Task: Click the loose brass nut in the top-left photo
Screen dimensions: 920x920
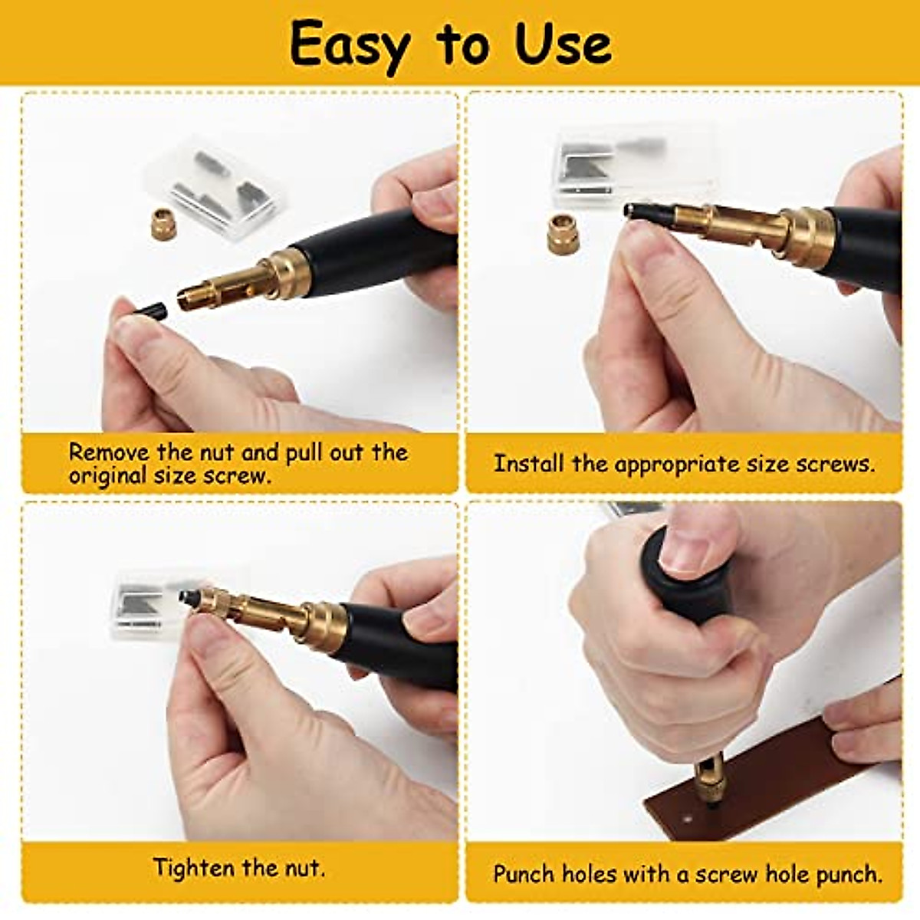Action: (164, 223)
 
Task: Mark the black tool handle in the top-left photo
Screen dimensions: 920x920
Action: (376, 245)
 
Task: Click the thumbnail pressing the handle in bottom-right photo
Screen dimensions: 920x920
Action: (685, 546)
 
